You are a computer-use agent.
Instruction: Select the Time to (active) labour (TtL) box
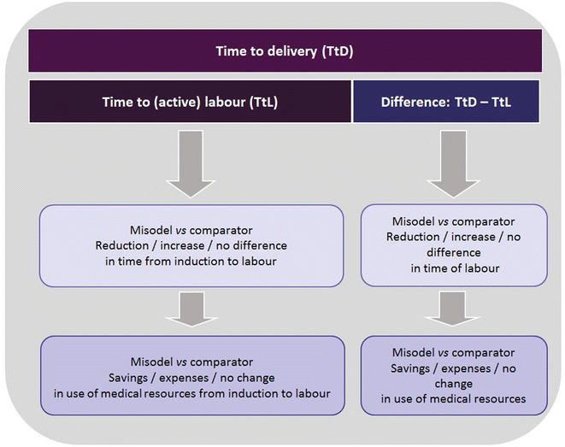(189, 102)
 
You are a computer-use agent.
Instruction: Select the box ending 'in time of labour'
(453, 245)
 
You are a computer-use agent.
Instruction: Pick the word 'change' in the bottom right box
(453, 384)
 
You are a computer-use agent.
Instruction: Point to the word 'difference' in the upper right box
(453, 253)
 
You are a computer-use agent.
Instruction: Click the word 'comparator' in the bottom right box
(481, 353)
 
